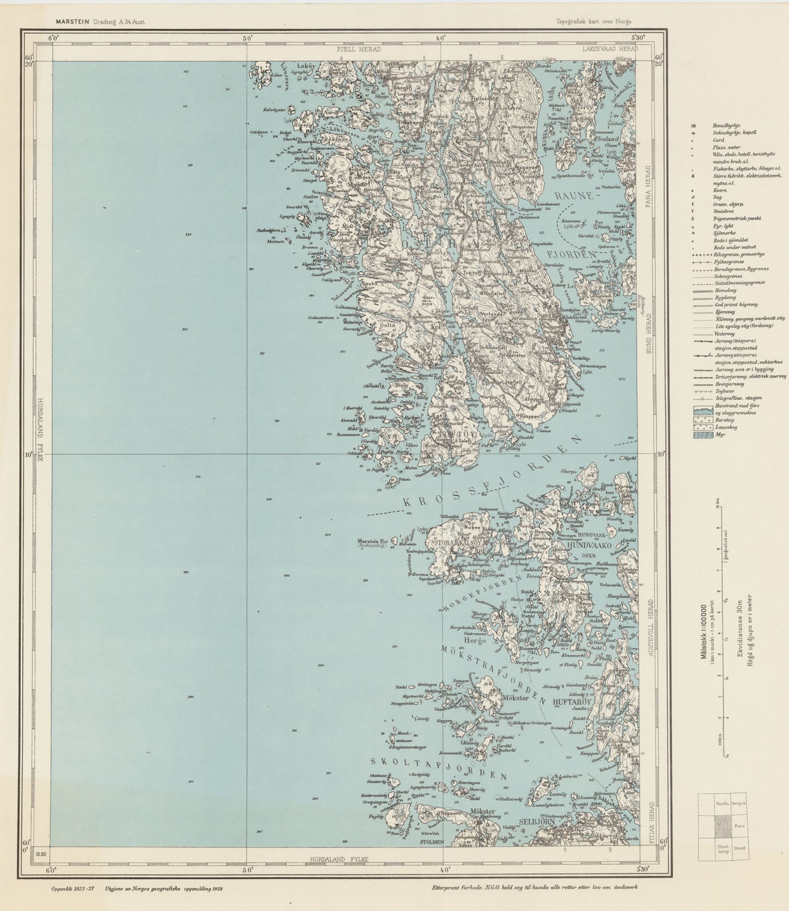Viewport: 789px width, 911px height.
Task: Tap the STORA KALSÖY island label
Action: tap(456, 544)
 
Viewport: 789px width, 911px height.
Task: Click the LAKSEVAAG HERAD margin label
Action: tap(610, 50)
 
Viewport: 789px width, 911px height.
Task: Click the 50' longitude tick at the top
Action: tap(247, 39)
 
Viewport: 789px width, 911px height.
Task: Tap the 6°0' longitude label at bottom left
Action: tap(52, 870)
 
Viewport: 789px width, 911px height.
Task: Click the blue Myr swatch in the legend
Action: tap(703, 436)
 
